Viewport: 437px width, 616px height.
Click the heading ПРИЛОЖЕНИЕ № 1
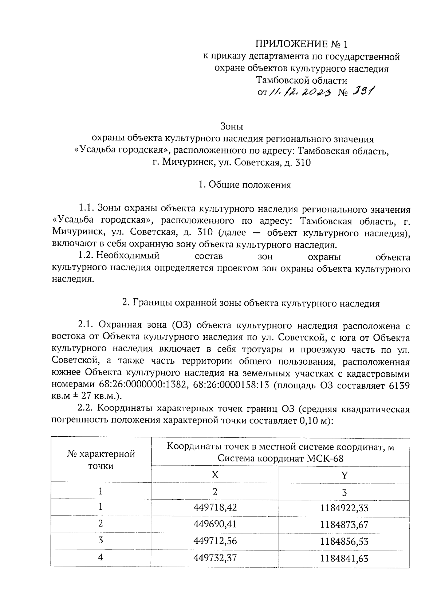302,44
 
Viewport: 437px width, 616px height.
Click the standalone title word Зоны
232,127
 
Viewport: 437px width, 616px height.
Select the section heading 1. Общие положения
244,185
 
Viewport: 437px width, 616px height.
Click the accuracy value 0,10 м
314,420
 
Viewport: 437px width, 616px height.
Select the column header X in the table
215,475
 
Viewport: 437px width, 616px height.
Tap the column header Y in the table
344,475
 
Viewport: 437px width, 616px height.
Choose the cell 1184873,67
344,524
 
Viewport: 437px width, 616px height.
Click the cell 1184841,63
344,558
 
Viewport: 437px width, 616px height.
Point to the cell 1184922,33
344,508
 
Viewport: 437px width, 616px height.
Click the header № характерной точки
101,460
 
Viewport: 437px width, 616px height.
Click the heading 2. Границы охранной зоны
251,303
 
